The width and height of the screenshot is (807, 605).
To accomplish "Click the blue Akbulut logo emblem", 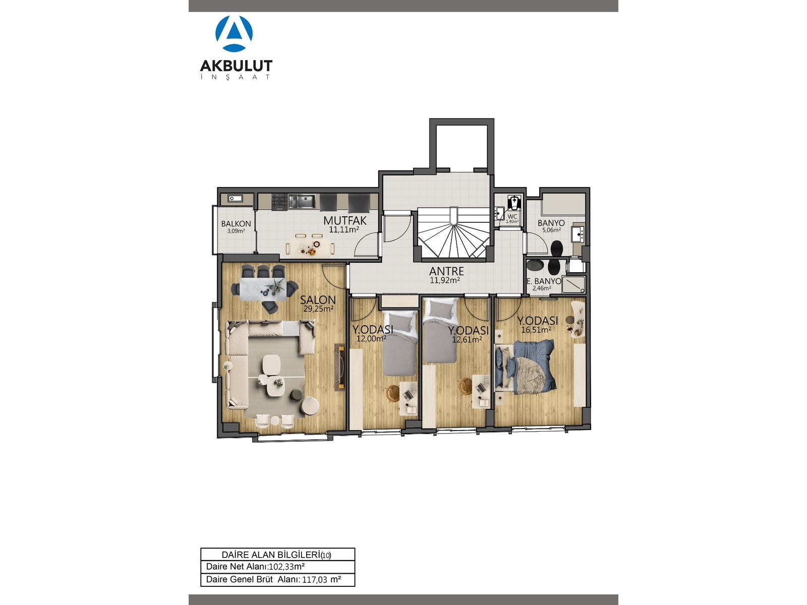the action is (234, 33).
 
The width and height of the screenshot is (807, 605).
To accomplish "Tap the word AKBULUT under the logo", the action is (236, 66).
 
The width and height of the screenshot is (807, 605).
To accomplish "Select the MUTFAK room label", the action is (345, 221).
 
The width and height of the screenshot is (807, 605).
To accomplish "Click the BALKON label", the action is (236, 224).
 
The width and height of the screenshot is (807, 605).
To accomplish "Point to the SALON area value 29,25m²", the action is (318, 309).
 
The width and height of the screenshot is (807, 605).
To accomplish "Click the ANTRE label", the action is (447, 271).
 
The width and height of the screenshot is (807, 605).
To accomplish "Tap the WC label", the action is (512, 217).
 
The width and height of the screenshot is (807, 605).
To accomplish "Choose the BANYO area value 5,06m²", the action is (551, 230).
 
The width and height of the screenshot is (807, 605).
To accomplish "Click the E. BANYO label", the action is (544, 281).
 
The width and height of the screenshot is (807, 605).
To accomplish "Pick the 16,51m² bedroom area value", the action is (536, 330).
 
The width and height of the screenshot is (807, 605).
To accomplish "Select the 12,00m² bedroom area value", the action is (371, 339).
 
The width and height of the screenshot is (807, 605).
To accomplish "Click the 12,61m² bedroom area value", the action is (467, 340).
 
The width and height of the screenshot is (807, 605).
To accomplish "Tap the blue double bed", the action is (525, 367).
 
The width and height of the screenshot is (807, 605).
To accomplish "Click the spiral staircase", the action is (454, 233).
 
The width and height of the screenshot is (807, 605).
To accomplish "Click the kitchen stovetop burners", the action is (279, 202).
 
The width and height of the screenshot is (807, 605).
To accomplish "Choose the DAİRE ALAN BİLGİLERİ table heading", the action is (276, 555).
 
